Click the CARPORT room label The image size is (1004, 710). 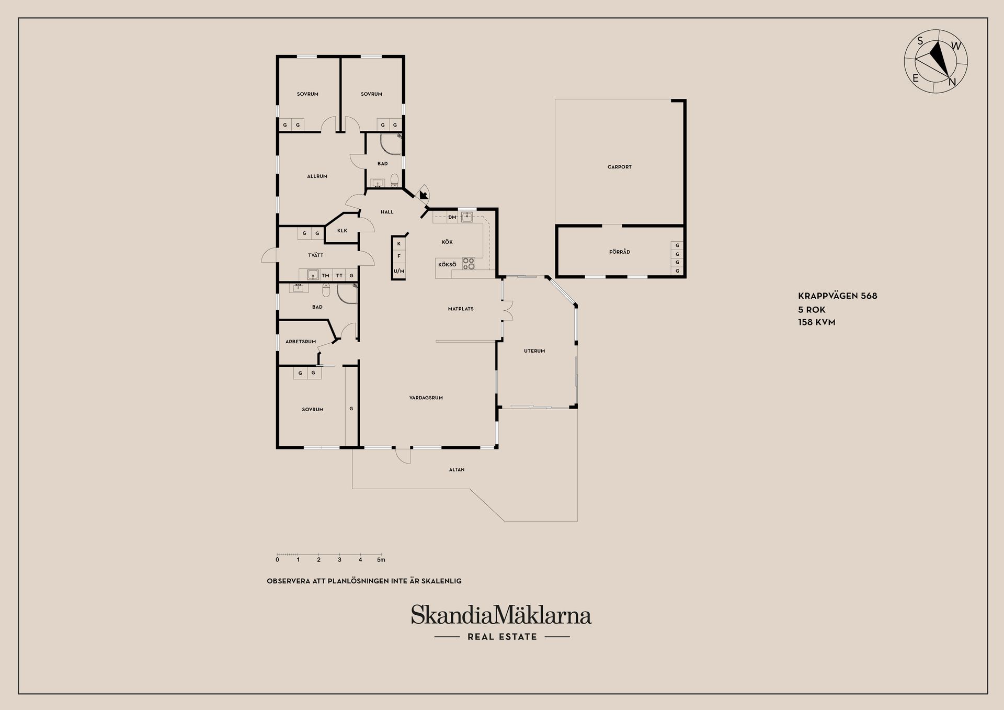(619, 167)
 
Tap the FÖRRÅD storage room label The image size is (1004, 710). (620, 252)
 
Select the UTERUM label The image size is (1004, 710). (534, 351)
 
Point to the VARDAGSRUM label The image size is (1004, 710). (426, 398)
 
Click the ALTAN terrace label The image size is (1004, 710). (457, 469)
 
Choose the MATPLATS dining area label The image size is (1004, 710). (461, 309)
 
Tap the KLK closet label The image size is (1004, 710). (342, 230)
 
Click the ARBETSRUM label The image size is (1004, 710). (301, 342)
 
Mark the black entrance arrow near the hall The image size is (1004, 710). (423, 195)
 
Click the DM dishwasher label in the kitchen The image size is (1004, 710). (452, 217)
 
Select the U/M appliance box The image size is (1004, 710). (399, 271)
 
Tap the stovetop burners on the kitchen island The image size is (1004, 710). (469, 264)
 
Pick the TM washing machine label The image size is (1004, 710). (326, 276)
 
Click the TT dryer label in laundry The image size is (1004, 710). (339, 276)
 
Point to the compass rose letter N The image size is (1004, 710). (952, 82)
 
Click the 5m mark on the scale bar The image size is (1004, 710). (381, 560)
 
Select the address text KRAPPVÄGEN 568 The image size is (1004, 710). (838, 296)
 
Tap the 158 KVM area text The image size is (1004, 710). (817, 322)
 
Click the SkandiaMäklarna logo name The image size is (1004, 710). (501, 615)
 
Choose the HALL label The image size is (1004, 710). (387, 212)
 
